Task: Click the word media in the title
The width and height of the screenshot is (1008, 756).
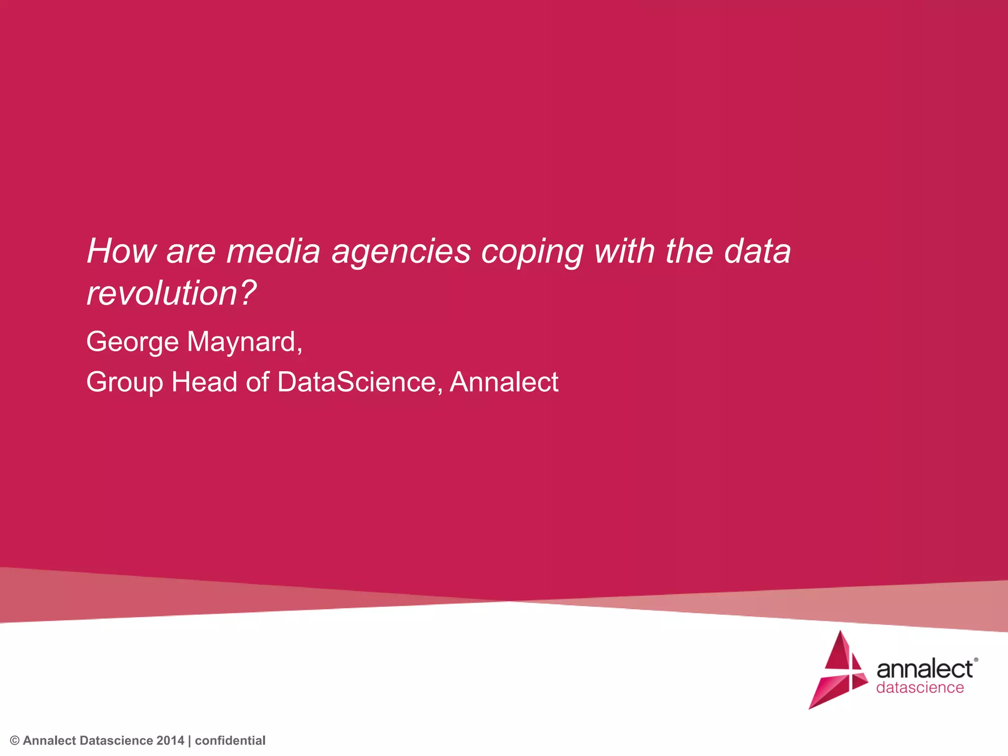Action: (x=273, y=252)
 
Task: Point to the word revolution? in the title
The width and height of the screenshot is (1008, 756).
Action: (x=171, y=293)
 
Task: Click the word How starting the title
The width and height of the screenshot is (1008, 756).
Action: (x=121, y=252)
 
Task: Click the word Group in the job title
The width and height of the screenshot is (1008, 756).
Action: (x=124, y=383)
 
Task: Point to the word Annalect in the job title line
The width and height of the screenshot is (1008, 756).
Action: (x=504, y=382)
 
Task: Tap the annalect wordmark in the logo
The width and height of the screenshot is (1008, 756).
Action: (x=924, y=669)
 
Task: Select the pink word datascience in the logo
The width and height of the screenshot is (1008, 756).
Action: (x=920, y=688)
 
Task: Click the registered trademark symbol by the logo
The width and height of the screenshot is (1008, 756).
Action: (x=976, y=660)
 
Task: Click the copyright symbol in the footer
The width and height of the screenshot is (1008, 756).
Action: (x=15, y=741)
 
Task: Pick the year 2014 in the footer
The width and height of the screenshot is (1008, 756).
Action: (x=170, y=741)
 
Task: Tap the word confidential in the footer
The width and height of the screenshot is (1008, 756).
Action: (x=230, y=741)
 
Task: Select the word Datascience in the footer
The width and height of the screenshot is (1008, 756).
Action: (x=116, y=741)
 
